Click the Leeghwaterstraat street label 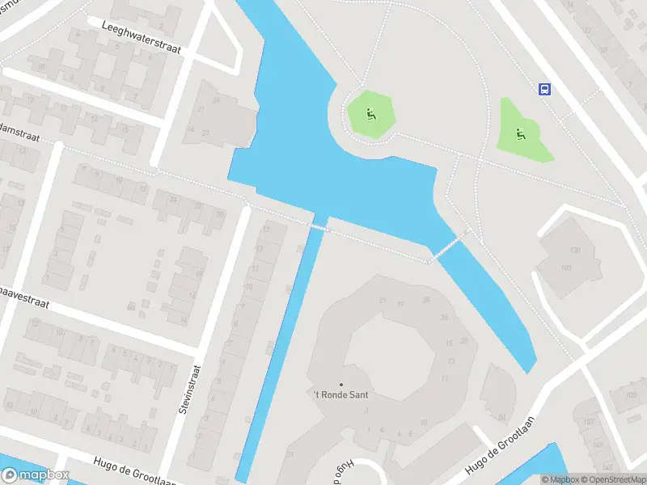pos(142,38)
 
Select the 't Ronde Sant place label pos(340,394)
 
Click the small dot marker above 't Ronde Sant pos(340,384)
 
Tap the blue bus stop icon pos(545,90)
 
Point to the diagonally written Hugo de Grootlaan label pos(501,446)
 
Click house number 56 pos(502,417)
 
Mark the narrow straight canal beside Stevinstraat pos(279,356)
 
